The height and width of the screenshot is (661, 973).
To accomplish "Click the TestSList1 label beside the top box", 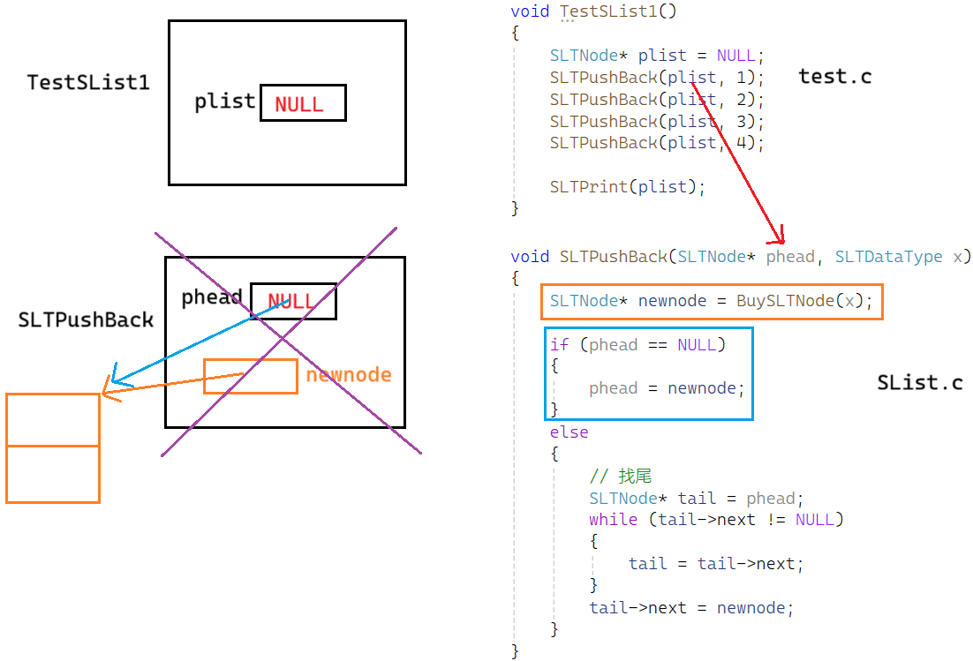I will [88, 83].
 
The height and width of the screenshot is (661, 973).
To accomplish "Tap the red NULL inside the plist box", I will [299, 104].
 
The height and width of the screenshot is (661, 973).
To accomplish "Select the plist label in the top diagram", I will [225, 101].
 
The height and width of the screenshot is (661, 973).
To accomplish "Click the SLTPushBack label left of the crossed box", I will [86, 320].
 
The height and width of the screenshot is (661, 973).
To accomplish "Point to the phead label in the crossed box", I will [212, 297].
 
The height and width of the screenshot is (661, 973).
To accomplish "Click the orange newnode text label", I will [349, 375].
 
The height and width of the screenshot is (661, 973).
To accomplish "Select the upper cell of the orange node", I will [53, 420].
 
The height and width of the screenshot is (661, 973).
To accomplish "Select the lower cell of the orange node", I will [53, 474].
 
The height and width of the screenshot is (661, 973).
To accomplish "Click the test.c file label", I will [834, 77].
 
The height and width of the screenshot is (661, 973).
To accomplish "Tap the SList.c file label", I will [919, 383].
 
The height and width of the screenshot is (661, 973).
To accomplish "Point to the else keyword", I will [569, 432].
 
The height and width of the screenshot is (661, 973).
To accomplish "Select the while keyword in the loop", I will [613, 519].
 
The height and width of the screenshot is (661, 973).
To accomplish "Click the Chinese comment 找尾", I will [634, 477].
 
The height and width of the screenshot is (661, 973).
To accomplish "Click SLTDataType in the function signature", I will [888, 257].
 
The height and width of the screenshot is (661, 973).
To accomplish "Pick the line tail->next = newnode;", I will [691, 607].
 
